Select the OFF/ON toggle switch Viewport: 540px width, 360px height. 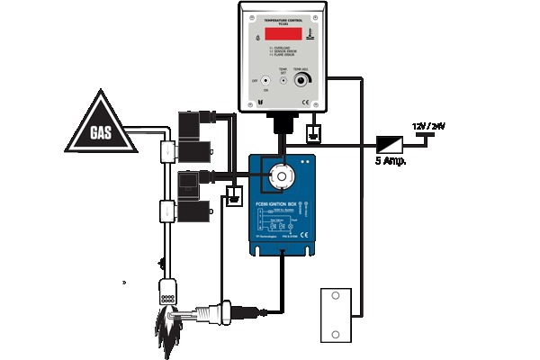pos(265,81)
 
